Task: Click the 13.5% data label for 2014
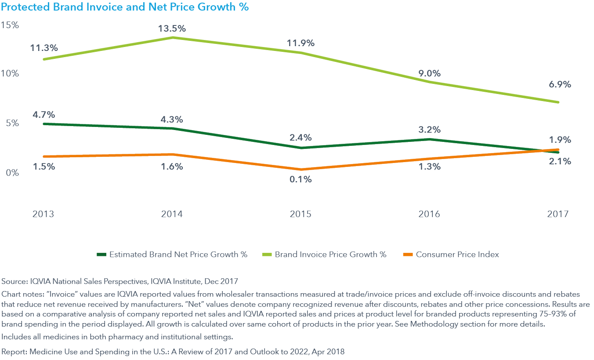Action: pyautogui.click(x=172, y=29)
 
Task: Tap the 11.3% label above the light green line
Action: pyautogui.click(x=43, y=47)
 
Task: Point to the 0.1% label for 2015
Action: pyautogui.click(x=300, y=179)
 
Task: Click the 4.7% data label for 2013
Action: pyautogui.click(x=43, y=115)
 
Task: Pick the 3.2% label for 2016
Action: pyautogui.click(x=429, y=130)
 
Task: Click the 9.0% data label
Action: pyautogui.click(x=429, y=73)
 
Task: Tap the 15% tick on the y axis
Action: pyautogui.click(x=10, y=25)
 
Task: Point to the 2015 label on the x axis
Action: pyautogui.click(x=301, y=214)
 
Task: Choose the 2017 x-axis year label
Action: pyautogui.click(x=558, y=214)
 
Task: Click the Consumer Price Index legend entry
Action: pyautogui.click(x=457, y=255)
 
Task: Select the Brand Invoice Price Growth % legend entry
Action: pyautogui.click(x=330, y=255)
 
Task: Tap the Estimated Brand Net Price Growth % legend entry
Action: pyautogui.click(x=178, y=255)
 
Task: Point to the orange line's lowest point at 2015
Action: pyautogui.click(x=301, y=169)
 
